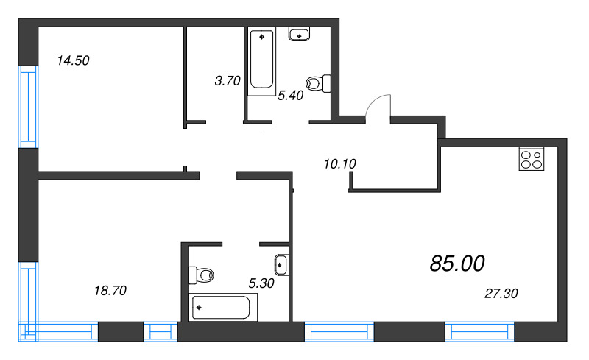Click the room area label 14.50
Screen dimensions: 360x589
click(73, 61)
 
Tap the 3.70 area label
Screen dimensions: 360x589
click(227, 82)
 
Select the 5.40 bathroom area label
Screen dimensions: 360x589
click(291, 95)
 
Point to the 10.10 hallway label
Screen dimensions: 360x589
click(339, 163)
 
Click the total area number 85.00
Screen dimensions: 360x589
click(456, 263)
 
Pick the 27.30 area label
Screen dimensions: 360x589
click(501, 293)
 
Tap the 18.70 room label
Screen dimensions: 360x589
click(110, 291)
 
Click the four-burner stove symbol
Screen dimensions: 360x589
click(532, 160)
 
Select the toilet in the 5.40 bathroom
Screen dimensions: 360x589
click(318, 83)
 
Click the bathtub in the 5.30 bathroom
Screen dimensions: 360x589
click(223, 306)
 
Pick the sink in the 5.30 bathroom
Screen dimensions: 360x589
click(281, 264)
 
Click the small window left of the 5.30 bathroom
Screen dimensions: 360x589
click(160, 332)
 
